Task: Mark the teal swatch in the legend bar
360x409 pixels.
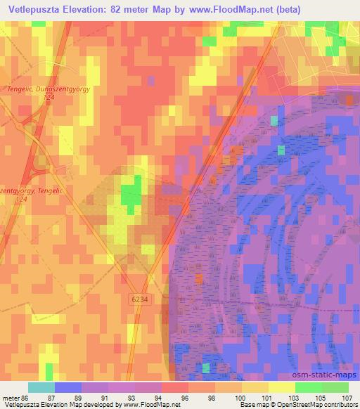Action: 41,387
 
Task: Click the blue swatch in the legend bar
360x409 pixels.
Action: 67,387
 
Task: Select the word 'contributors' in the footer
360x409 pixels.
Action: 342,405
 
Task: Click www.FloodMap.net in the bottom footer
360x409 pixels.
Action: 148,405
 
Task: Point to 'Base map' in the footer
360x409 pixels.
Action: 250,405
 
